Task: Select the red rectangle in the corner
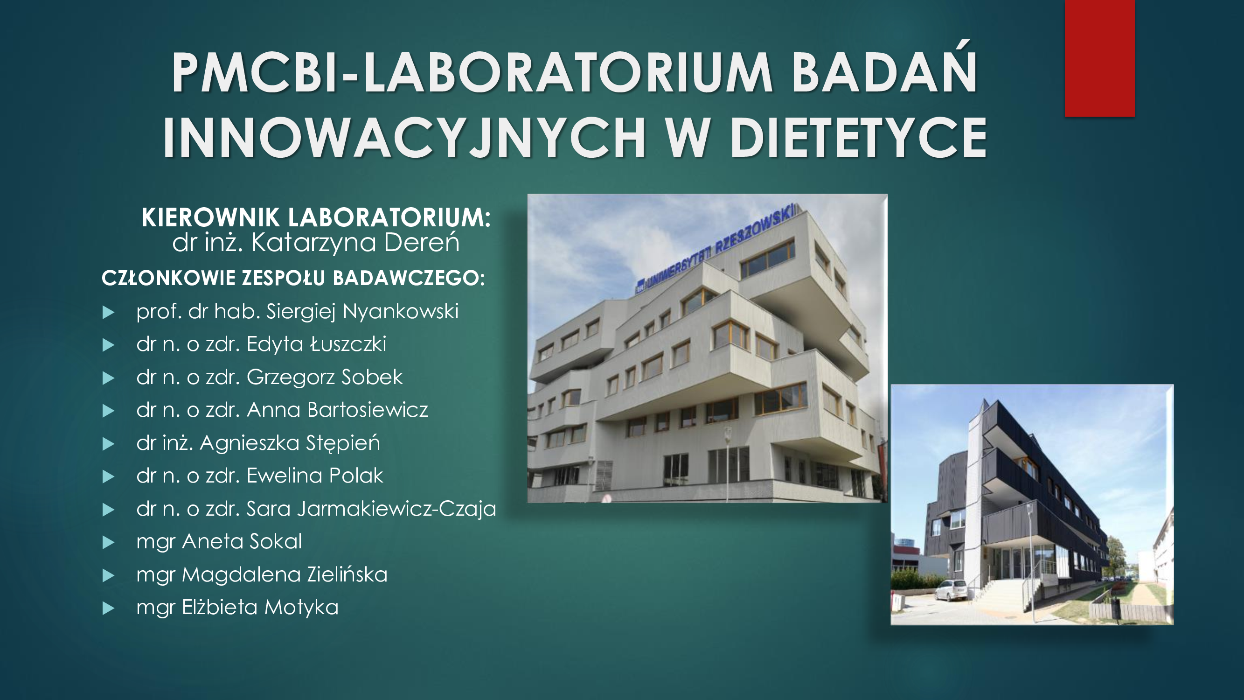(1099, 58)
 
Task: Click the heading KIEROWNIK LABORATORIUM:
(316, 217)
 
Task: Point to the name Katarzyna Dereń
(355, 242)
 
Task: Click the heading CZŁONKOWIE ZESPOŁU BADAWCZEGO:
(293, 278)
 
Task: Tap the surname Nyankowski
(400, 312)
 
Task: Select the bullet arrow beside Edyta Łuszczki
(109, 345)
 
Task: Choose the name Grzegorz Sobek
(325, 377)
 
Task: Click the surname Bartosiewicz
(368, 410)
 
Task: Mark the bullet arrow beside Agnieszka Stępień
(109, 444)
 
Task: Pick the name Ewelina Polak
(315, 476)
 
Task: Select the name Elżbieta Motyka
(260, 607)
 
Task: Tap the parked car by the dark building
(952, 590)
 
